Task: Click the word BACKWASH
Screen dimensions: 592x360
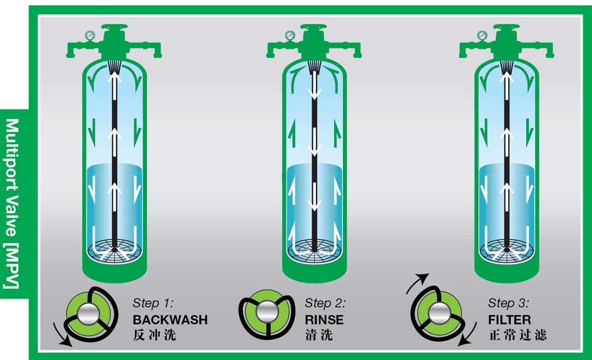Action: coord(170,320)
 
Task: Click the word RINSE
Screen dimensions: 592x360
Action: coord(324,320)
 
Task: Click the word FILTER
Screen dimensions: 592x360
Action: coord(509,320)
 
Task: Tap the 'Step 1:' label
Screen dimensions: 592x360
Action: coord(153,303)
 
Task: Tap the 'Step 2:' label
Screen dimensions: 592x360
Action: coord(325,303)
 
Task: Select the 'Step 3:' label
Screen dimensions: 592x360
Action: coord(508,303)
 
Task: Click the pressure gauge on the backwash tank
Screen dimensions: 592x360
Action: coord(90,35)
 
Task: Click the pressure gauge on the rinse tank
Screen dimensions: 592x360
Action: coord(290,35)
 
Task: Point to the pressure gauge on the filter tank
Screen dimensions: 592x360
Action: coord(482,35)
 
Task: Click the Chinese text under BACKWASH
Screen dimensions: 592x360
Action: coord(155,335)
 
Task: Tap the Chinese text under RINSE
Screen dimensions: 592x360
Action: coord(319,335)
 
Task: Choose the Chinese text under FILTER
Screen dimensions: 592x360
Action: coord(517,335)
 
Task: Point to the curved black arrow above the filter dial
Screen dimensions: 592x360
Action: coord(416,282)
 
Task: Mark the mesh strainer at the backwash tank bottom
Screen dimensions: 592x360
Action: coord(114,250)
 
